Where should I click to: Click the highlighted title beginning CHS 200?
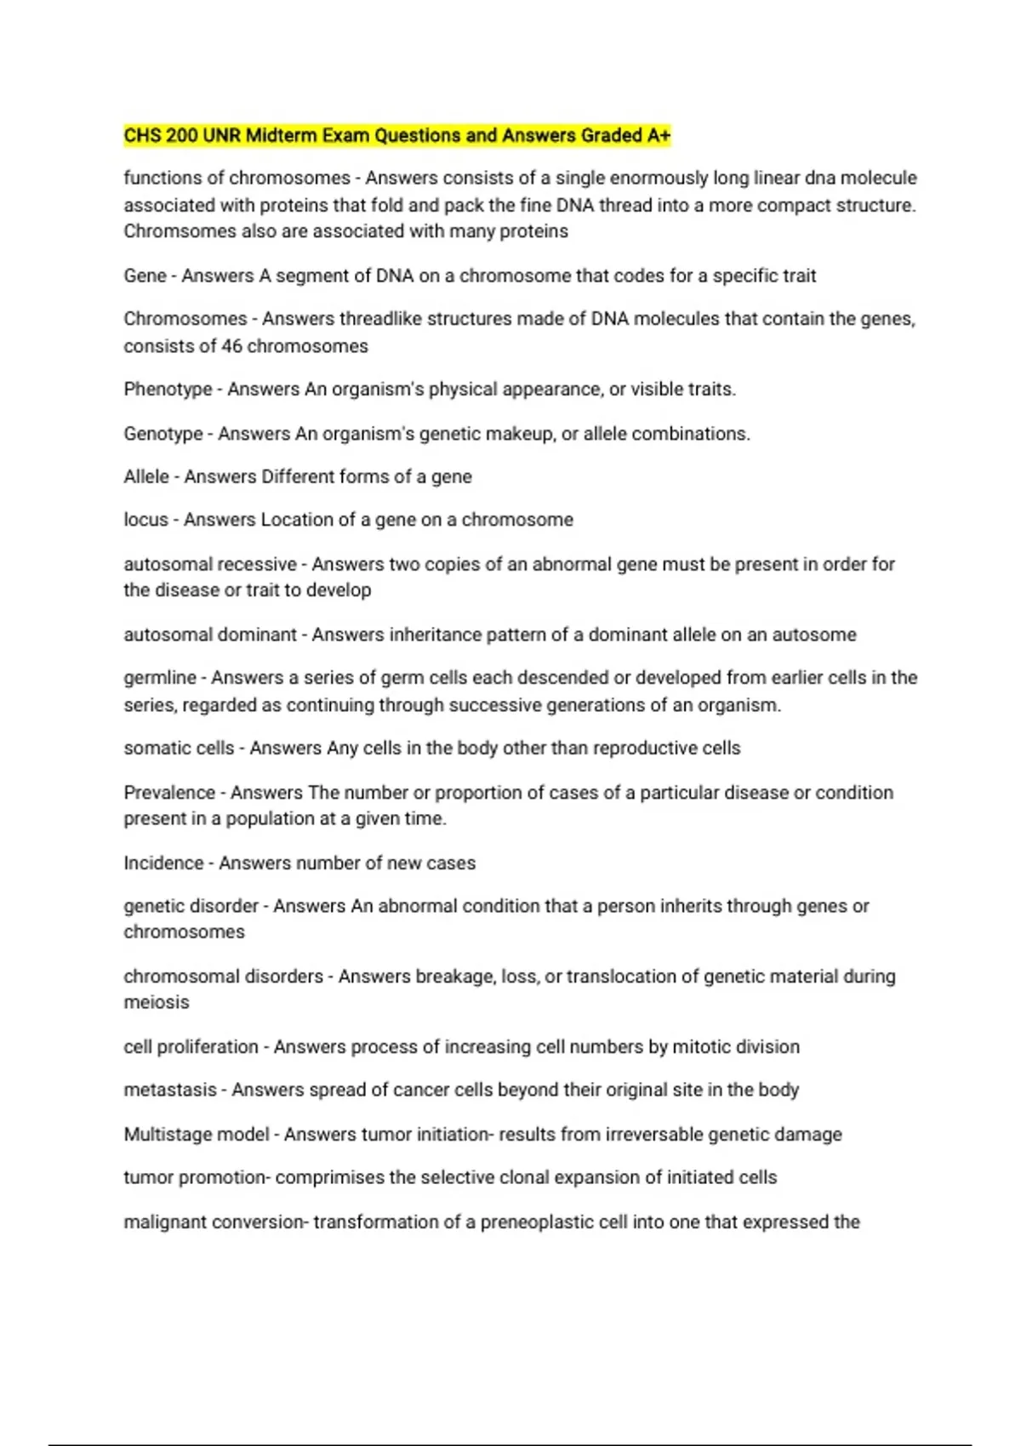point(396,136)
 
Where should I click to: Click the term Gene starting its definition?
point(145,276)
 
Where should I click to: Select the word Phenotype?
point(168,390)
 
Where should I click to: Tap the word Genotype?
point(163,434)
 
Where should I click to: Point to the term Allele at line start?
point(146,476)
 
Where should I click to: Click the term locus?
point(145,520)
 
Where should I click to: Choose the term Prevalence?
point(169,793)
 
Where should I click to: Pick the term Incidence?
point(163,862)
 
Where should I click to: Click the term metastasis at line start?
point(170,1090)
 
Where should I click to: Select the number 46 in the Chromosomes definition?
point(232,346)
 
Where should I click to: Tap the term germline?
point(160,678)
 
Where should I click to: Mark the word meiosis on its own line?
point(157,1002)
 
